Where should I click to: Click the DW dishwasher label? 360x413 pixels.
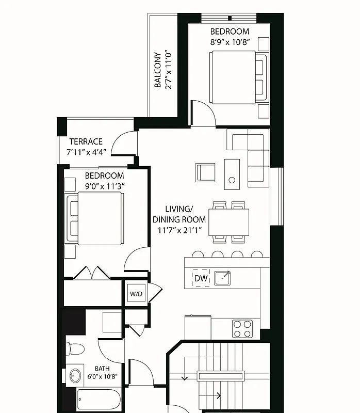coord(201,279)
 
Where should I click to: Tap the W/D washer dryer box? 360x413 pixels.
coord(136,294)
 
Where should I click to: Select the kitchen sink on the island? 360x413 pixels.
coord(223,278)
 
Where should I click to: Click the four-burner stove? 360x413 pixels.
coord(242,328)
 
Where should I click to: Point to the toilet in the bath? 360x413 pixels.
coord(75,350)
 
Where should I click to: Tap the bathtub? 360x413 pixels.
coord(99,401)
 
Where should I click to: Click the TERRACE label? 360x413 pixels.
coord(86,141)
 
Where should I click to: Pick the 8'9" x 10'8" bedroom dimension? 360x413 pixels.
coord(230,42)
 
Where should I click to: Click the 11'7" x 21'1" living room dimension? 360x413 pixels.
coord(179,230)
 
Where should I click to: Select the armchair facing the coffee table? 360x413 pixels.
coord(205,172)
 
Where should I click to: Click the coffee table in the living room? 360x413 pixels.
coord(232,174)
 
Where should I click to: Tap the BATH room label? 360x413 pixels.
coord(102,369)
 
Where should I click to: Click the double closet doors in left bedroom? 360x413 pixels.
coord(92,274)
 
